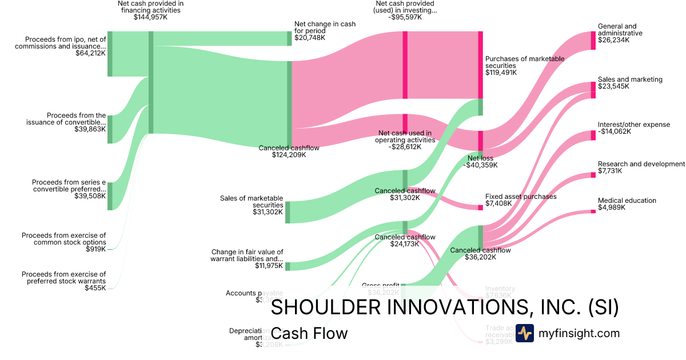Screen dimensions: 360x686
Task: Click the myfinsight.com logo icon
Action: tap(524, 333)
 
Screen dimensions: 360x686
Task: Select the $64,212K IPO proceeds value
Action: tap(90, 53)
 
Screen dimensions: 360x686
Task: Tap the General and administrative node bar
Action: tap(593, 41)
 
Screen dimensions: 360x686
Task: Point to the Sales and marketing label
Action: tap(630, 79)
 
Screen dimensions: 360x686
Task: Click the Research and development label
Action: tap(641, 164)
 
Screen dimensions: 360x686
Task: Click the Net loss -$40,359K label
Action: tap(482, 162)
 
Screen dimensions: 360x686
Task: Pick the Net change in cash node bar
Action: tap(289, 38)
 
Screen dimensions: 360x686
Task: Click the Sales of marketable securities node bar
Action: tap(288, 212)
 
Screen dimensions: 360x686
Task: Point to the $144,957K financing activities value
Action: tap(150, 18)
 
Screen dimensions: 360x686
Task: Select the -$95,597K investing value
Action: tap(405, 18)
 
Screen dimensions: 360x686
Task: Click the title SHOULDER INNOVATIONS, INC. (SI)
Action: tap(444, 307)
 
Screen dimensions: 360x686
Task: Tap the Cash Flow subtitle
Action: tap(309, 333)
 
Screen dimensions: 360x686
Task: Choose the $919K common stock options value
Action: tap(95, 249)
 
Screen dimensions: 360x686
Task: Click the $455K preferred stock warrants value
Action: tap(95, 288)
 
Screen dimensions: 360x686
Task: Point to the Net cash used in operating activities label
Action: tap(405, 137)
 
